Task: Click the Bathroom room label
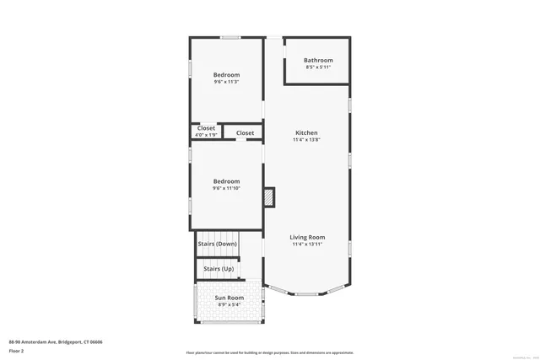tap(318, 61)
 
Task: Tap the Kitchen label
tap(306, 133)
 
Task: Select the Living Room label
tap(308, 238)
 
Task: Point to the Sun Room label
tap(229, 298)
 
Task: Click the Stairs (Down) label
tap(217, 244)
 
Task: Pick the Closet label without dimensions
tap(245, 133)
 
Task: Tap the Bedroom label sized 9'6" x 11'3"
tap(226, 75)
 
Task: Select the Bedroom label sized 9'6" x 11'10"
tap(226, 181)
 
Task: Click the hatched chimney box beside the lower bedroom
tap(269, 196)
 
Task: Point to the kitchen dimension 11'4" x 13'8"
tap(306, 140)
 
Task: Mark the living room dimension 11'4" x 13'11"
tap(308, 244)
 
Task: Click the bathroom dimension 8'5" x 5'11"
tap(318, 67)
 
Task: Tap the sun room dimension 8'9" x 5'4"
tap(229, 304)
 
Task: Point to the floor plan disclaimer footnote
tap(269, 352)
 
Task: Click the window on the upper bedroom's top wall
tap(231, 37)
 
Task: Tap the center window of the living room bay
tap(307, 293)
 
